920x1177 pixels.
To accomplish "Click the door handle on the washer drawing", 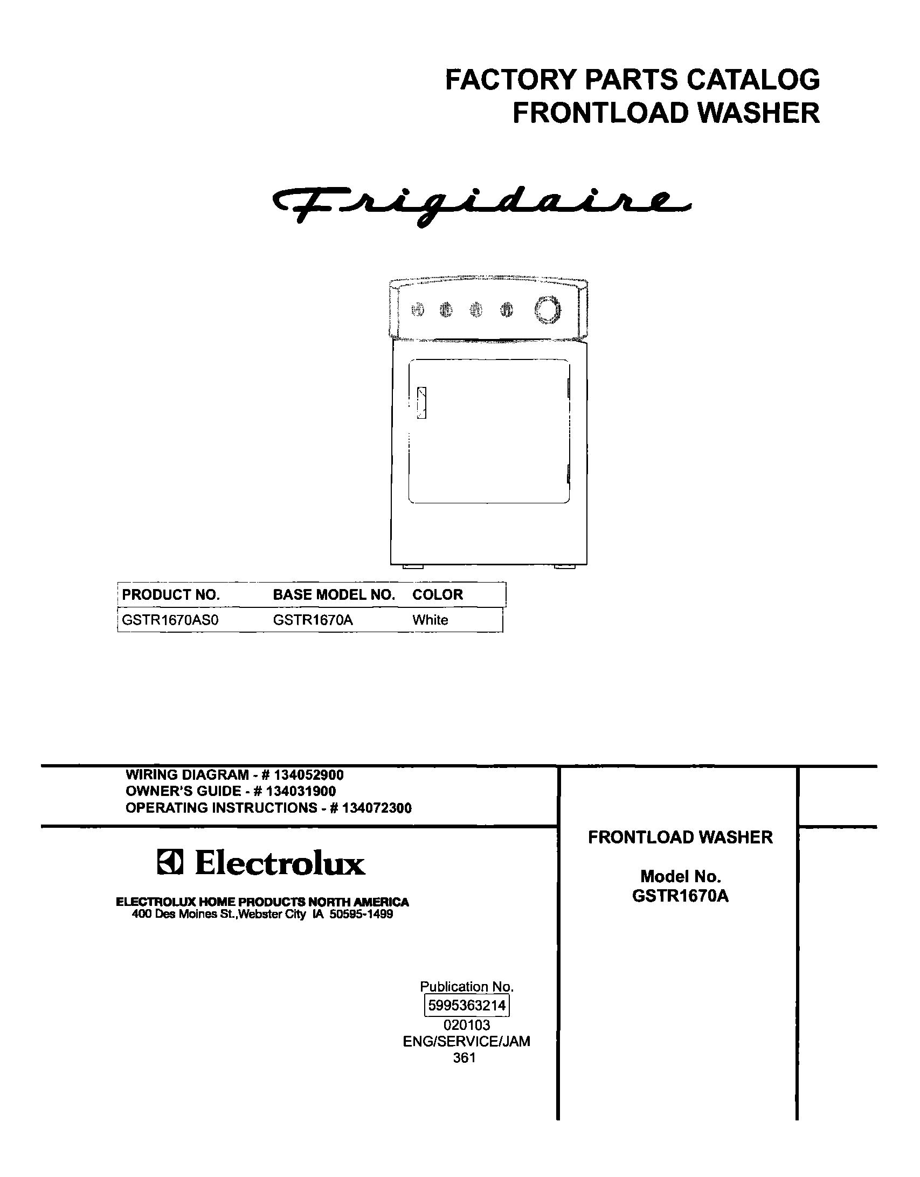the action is click(421, 403).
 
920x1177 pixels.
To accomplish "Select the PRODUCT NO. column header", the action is click(171, 594).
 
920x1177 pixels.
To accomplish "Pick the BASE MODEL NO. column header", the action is click(334, 594).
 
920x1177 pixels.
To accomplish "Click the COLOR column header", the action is click(438, 594).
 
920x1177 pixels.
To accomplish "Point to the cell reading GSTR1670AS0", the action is click(170, 620).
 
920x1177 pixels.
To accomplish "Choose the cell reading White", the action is click(430, 620).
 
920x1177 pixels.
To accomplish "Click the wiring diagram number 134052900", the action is click(309, 775).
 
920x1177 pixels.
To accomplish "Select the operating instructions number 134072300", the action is click(377, 808).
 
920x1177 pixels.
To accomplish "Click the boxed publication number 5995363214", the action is click(467, 1006).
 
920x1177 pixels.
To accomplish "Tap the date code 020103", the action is click(467, 1024).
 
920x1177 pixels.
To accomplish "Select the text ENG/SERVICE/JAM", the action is click(467, 1041).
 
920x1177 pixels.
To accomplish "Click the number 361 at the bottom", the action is click(465, 1058).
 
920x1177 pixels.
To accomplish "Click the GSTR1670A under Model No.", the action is click(680, 896).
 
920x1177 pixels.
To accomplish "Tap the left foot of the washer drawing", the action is click(413, 567).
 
